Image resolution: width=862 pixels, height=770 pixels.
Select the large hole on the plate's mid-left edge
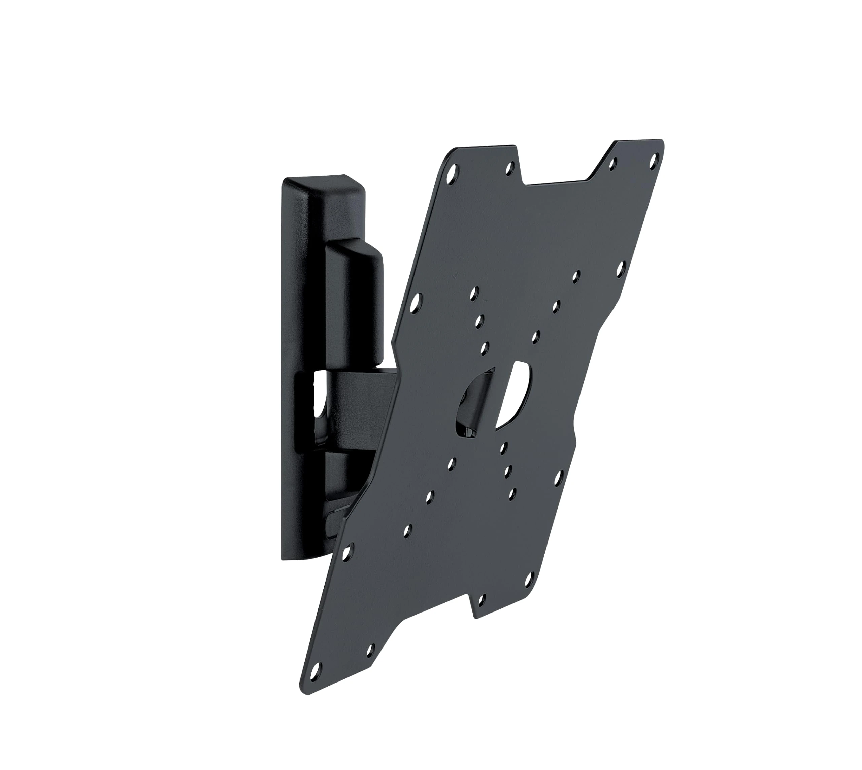[416, 302]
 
